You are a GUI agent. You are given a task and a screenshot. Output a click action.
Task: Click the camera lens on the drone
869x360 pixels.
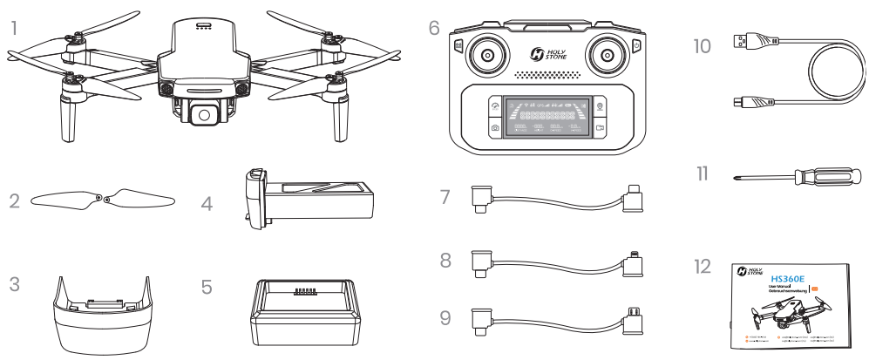click(x=201, y=112)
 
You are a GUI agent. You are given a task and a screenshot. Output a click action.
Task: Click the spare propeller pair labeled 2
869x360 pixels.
click(x=102, y=201)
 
